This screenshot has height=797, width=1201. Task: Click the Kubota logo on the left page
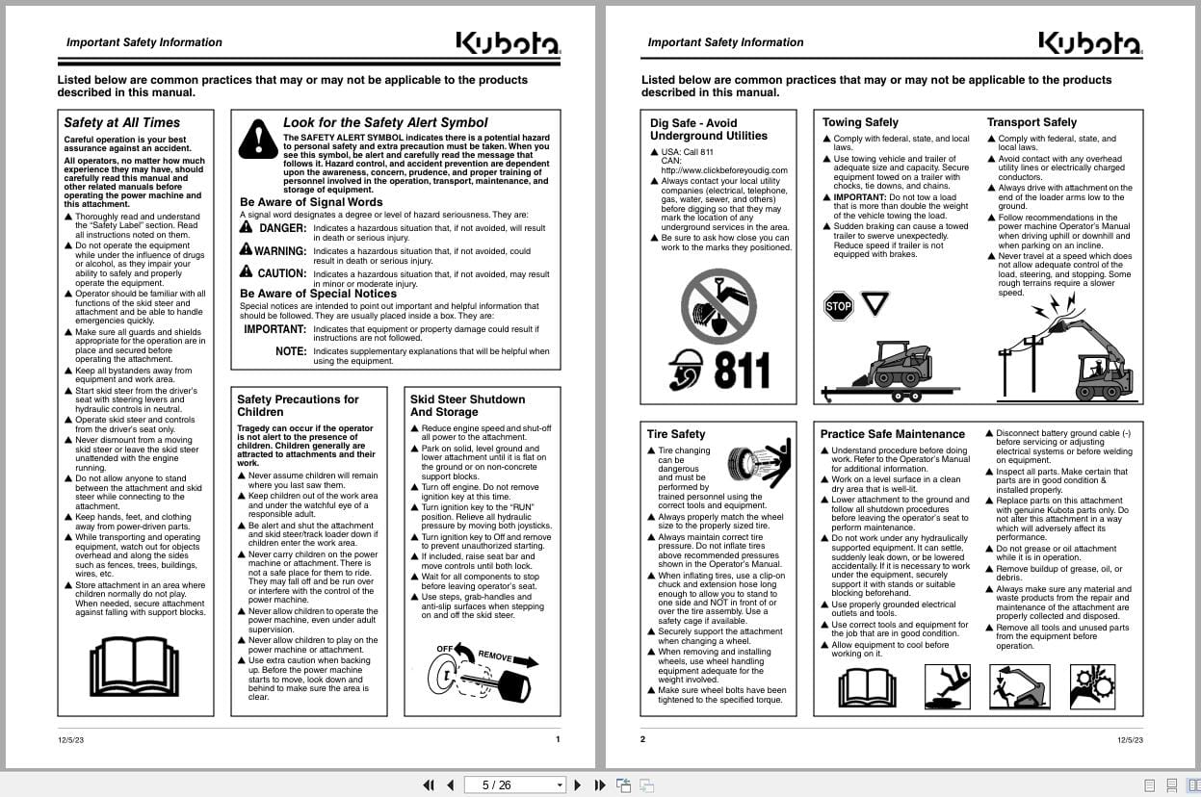click(508, 43)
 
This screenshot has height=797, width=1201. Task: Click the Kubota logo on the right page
click(1089, 43)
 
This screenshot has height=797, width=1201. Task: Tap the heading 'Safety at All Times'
click(121, 122)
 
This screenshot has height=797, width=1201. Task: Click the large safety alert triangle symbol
click(258, 139)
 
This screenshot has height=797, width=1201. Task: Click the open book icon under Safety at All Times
click(134, 666)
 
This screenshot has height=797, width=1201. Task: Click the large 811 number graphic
click(742, 371)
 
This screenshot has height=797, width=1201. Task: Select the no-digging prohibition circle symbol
click(718, 306)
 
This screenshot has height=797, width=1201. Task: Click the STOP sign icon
click(839, 307)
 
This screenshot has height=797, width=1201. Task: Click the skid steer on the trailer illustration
click(892, 367)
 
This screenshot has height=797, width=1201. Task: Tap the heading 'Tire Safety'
click(676, 434)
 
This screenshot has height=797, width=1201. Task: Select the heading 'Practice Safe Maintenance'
click(892, 434)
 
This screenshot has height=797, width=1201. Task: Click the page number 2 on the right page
click(642, 739)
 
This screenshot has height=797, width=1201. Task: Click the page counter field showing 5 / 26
click(514, 784)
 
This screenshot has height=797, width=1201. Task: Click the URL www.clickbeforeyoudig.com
click(723, 170)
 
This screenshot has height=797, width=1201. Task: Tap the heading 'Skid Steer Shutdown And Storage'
click(467, 405)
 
